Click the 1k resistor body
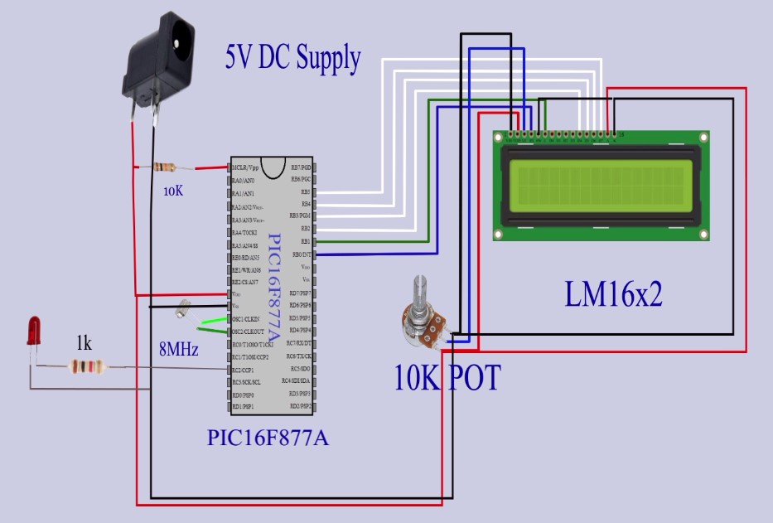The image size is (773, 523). pos(85,366)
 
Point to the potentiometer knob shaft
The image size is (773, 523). pos(418,295)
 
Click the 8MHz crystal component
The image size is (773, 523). pos(184,310)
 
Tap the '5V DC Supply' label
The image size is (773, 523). pos(292,57)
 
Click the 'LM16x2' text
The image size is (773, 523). pos(613,294)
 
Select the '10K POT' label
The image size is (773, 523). pos(447,377)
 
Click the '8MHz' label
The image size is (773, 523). pos(178,350)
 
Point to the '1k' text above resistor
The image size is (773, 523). pos(85,344)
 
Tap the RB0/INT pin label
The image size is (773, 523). pos(300,254)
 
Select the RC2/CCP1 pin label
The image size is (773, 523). pos(249,370)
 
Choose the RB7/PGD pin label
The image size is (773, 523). pos(299,167)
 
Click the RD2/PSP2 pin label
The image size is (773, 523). pos(299,406)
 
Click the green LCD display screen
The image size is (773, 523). pos(601,184)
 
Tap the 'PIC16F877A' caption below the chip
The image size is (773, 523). pos(268,437)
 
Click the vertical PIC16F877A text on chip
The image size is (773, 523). pos(276,282)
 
